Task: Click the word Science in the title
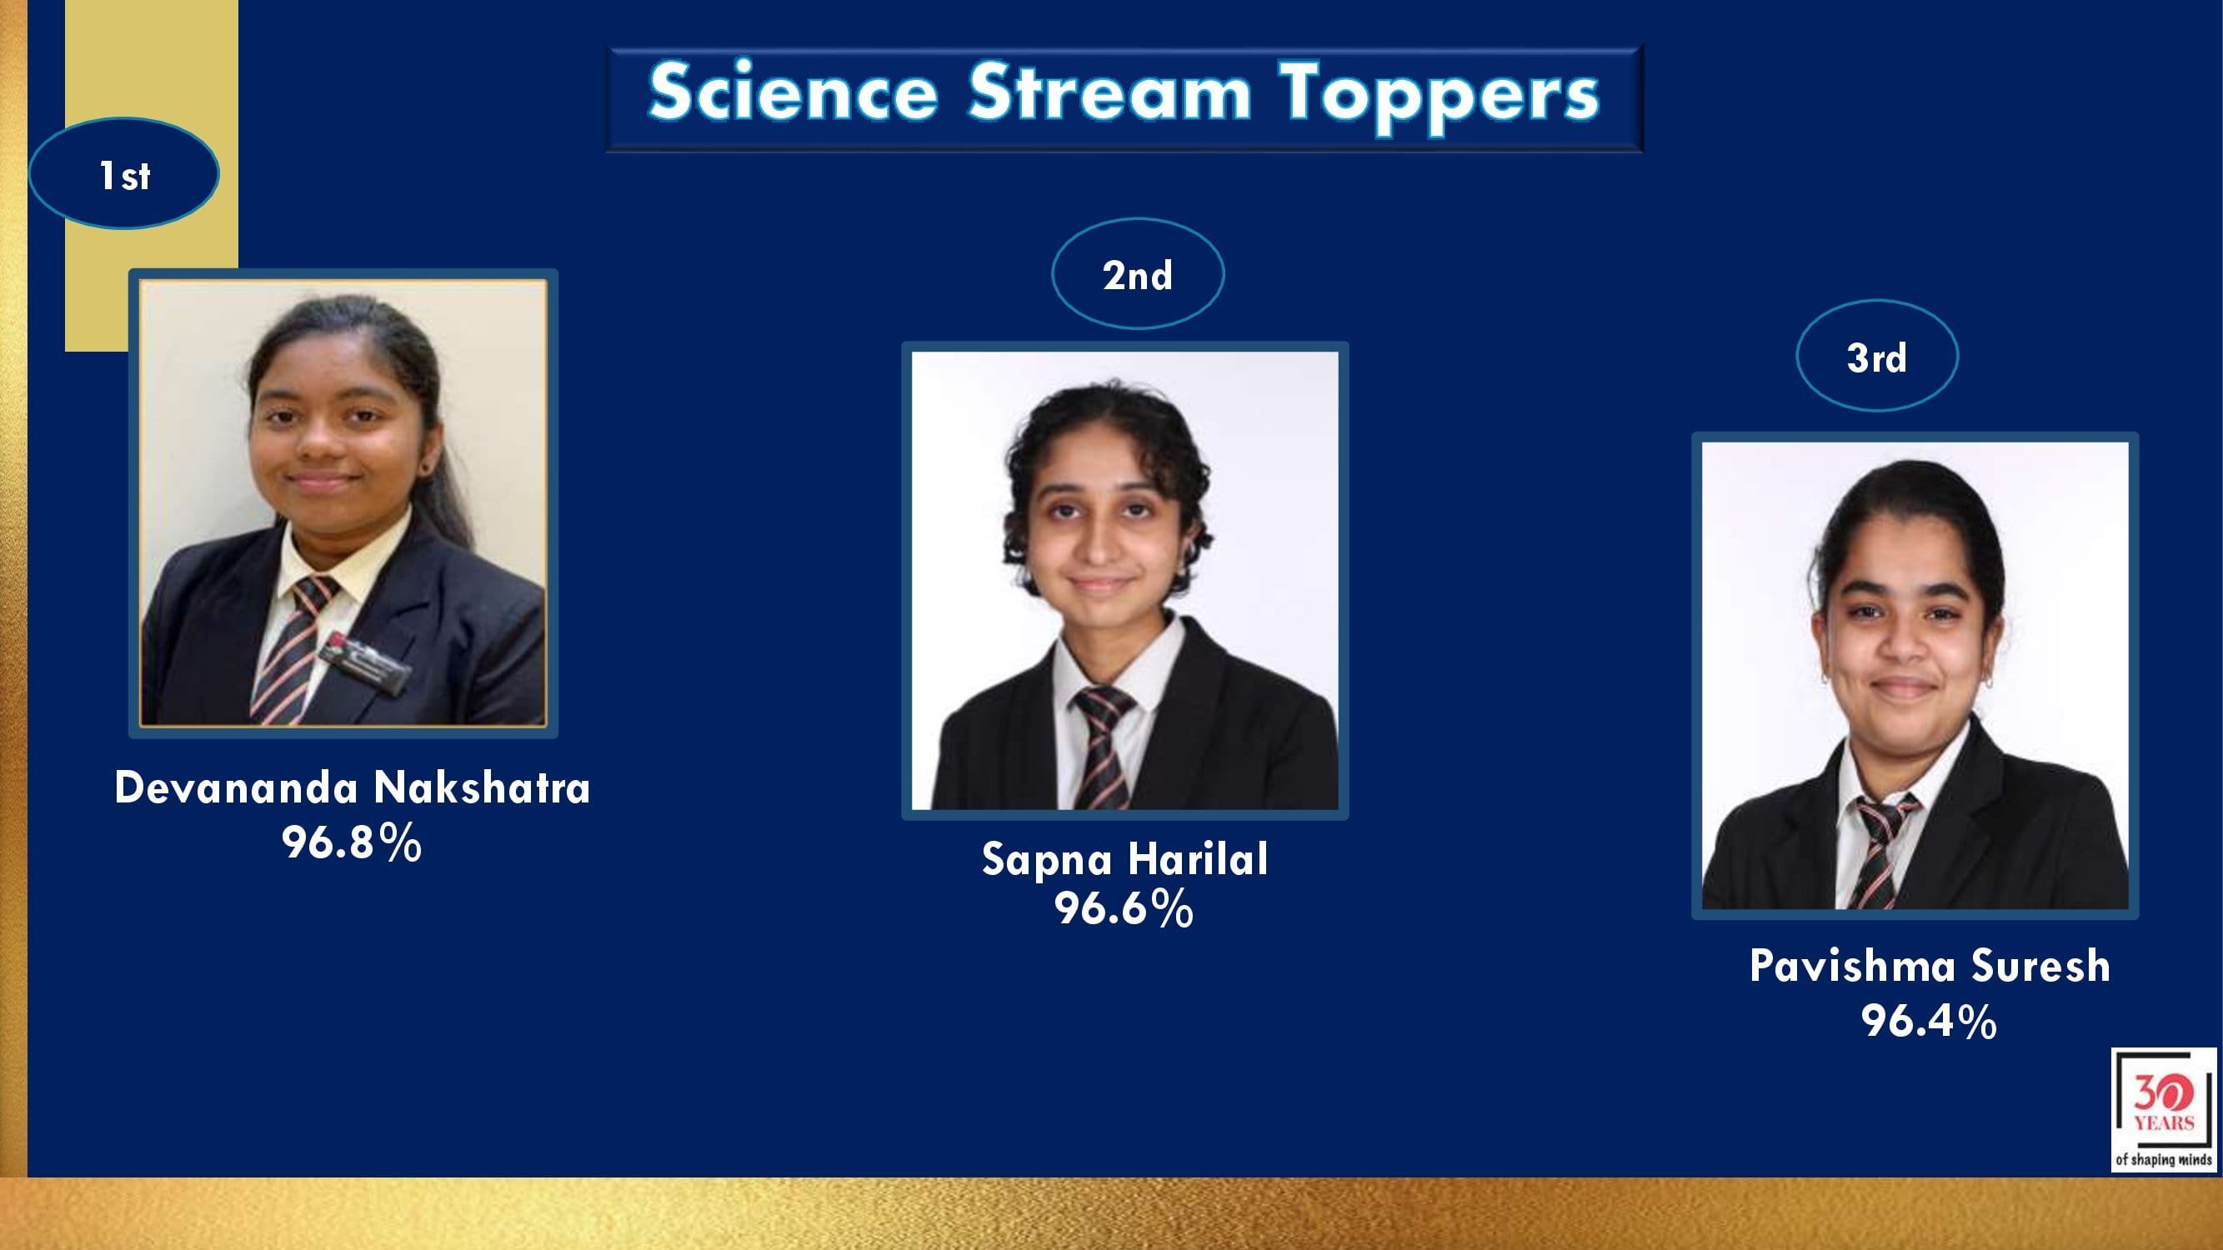coord(793,91)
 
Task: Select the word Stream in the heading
coord(1109,91)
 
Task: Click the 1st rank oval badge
coord(123,173)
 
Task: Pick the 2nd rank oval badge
coord(1138,273)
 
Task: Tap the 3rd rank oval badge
coord(1877,356)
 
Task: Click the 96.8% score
coord(351,842)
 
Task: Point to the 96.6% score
coord(1124,908)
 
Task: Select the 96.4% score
coord(1929,1021)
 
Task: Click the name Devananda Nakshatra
coord(352,787)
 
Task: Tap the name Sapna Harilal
coord(1124,858)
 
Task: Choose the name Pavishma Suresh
coord(1930,965)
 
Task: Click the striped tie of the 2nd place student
coord(1102,747)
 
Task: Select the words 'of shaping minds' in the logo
coord(2164,1159)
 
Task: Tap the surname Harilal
coord(1198,858)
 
